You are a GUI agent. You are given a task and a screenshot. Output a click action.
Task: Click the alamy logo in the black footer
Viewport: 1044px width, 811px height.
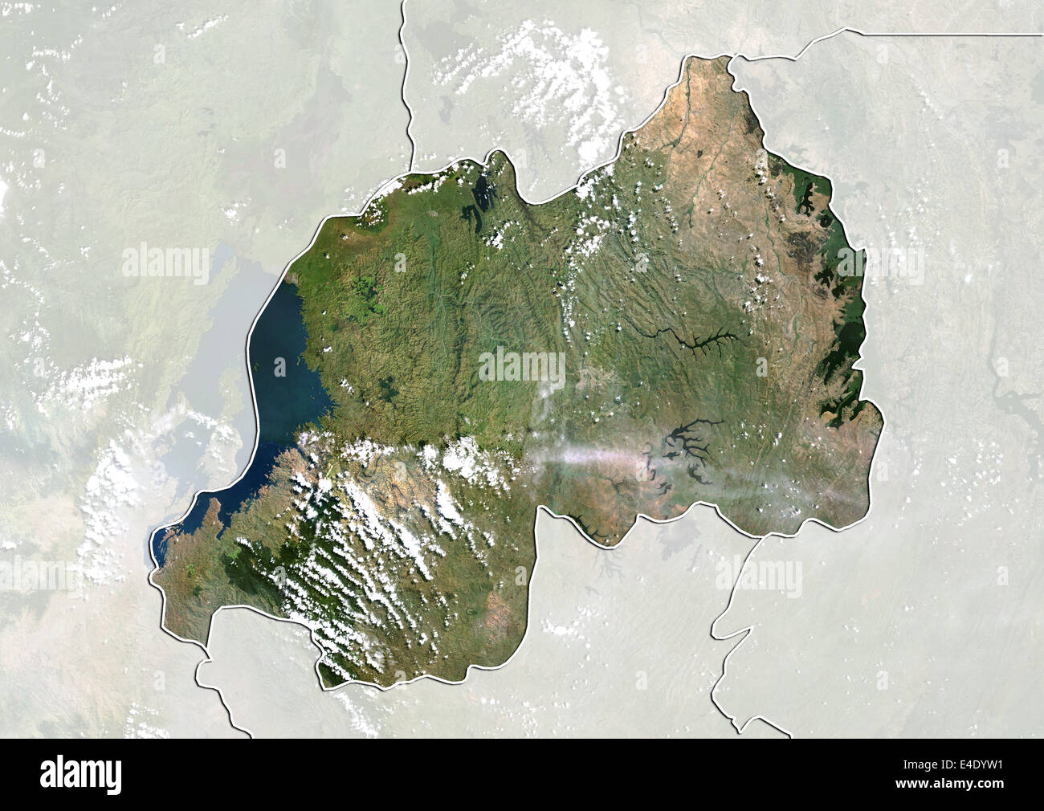tap(90, 773)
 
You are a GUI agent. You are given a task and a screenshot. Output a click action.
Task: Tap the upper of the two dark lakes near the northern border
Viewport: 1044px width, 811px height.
tap(482, 193)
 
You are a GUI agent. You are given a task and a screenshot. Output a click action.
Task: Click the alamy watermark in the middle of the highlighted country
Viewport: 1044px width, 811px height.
tap(522, 366)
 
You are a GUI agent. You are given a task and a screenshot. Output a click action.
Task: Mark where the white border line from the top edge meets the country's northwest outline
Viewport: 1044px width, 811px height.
tap(413, 165)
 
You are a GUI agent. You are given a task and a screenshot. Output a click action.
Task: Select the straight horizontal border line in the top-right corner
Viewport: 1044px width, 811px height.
tap(948, 34)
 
